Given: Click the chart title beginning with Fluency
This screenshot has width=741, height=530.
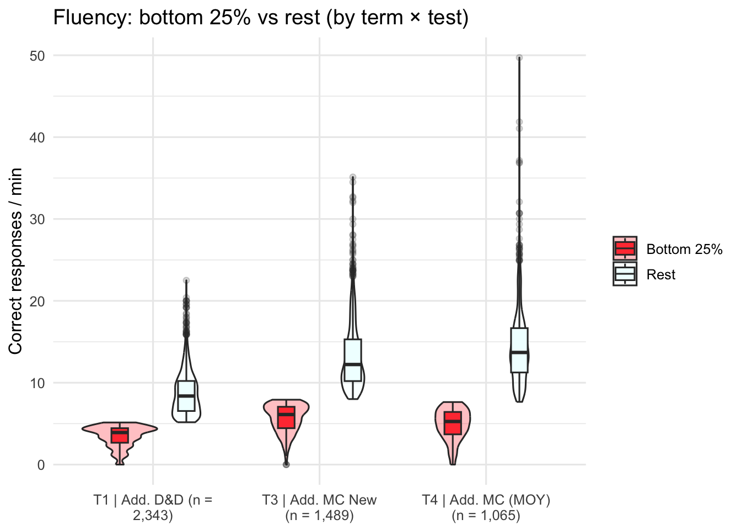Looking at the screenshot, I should pos(261,18).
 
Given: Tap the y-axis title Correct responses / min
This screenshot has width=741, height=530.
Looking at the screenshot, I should pos(15,261).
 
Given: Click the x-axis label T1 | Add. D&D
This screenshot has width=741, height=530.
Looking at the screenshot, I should pos(153,507).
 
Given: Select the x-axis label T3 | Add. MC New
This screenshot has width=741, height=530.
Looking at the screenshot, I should pos(319,507).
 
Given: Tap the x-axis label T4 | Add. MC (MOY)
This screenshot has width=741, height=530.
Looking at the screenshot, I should pos(486,507).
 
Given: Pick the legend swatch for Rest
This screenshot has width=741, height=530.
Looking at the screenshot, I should pos(625,274).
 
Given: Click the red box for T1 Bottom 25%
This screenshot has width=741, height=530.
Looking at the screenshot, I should pos(120,435).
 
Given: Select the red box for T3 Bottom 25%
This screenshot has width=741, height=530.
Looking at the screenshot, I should pos(286,417).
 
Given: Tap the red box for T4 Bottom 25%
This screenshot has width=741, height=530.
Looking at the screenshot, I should pos(453,423).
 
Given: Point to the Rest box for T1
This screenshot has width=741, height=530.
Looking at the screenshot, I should pos(186,396).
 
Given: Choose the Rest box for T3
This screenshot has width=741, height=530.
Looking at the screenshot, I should pos(353,360).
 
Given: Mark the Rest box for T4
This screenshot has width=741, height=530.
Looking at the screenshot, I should pos(519,350).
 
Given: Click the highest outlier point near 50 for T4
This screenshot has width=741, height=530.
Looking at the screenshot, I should pos(519,57).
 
